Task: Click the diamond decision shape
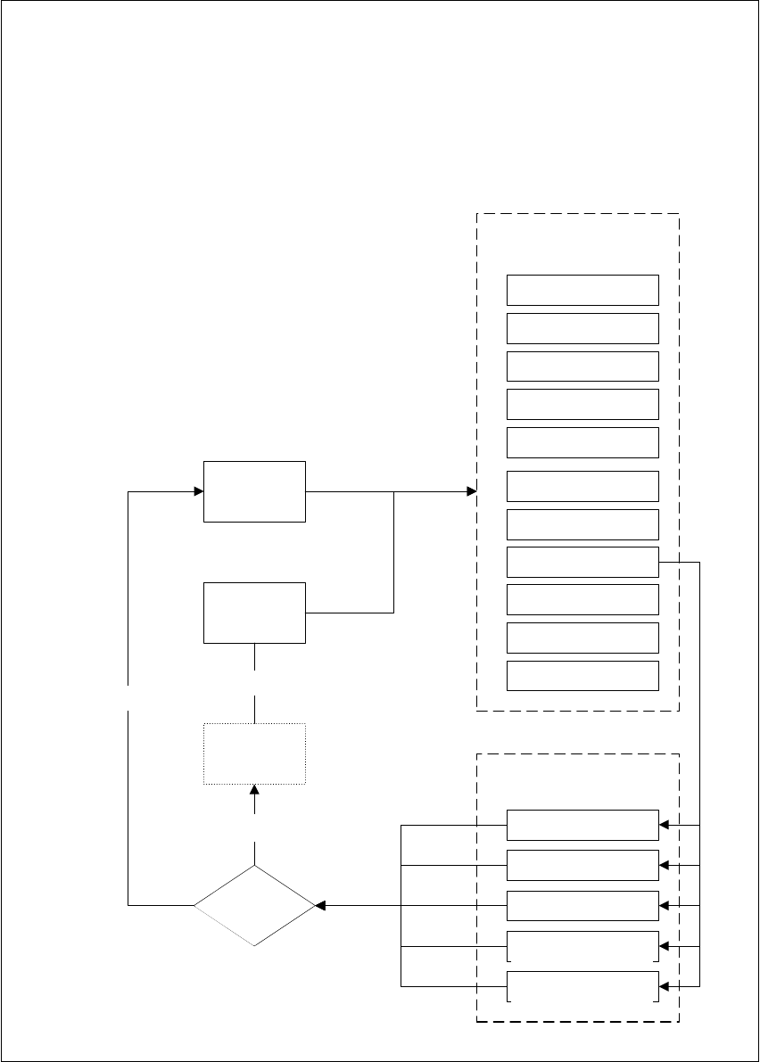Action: [x=254, y=905]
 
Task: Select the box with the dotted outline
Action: [x=255, y=753]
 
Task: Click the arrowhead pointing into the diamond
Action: [x=320, y=905]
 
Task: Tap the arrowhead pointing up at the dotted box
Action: [x=255, y=791]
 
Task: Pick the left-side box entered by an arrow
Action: [x=255, y=491]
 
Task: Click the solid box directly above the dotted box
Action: [x=255, y=613]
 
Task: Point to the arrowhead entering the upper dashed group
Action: [x=471, y=491]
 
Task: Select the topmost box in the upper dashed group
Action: [x=582, y=290]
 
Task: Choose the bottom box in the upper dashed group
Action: [x=582, y=675]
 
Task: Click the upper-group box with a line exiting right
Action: [x=582, y=562]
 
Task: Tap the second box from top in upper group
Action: [x=582, y=328]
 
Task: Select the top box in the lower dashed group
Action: [x=582, y=825]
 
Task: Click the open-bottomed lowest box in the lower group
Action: [x=582, y=986]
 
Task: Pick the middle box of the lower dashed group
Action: [x=582, y=905]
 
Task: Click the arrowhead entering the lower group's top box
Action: [x=664, y=825]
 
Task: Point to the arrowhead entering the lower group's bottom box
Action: [x=664, y=986]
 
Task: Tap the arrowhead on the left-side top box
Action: [x=198, y=491]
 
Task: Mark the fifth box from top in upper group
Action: [x=582, y=442]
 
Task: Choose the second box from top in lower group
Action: [x=582, y=865]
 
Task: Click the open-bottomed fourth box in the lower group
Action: [x=582, y=945]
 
